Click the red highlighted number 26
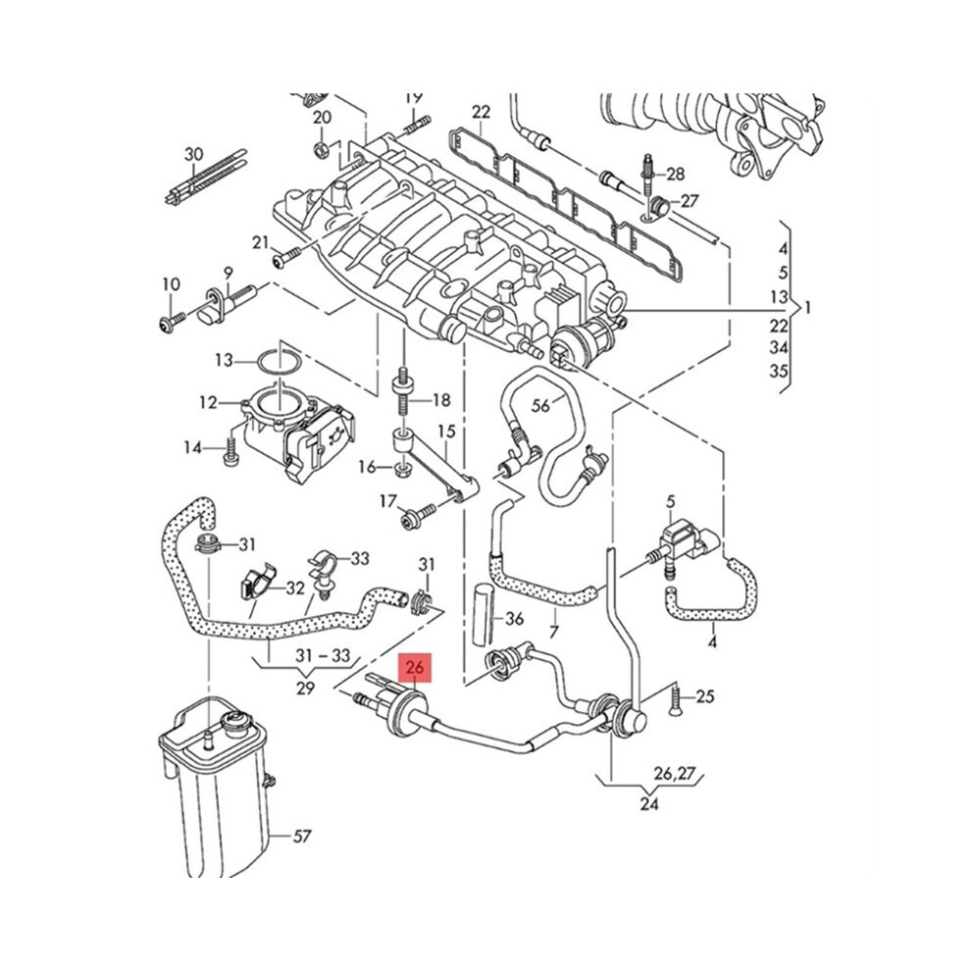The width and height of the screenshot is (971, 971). [415, 668]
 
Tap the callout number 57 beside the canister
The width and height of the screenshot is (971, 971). [301, 837]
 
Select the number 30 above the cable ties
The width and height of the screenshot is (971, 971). [194, 154]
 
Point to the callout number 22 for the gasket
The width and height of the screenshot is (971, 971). [482, 112]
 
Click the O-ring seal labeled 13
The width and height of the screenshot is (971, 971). [280, 362]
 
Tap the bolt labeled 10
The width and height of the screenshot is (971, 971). [170, 322]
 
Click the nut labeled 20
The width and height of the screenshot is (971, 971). [321, 149]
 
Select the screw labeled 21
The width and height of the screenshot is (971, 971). [285, 257]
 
